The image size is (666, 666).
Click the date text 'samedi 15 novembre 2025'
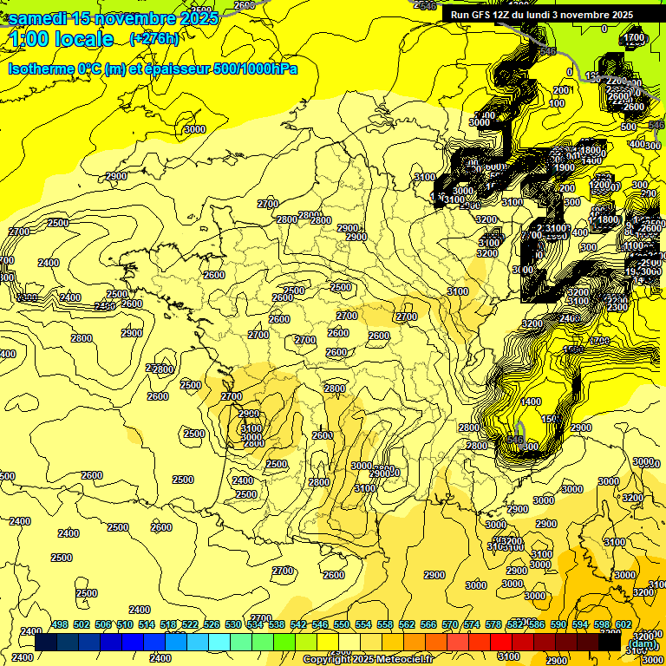113,18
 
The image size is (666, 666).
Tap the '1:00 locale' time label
61,39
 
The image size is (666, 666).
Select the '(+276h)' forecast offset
154,39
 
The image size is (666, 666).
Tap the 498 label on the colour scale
60,624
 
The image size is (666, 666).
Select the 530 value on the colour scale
233,624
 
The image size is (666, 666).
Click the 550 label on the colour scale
342,624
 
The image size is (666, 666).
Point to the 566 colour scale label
428,624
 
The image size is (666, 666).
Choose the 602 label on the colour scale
624,624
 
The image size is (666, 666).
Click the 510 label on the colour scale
125,624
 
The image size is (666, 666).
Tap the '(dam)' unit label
643,644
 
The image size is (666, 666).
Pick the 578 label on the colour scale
493,624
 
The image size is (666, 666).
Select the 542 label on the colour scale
298,624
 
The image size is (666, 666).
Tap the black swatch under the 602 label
610,643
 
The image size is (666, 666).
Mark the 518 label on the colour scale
168,624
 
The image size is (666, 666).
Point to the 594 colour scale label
580,624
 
